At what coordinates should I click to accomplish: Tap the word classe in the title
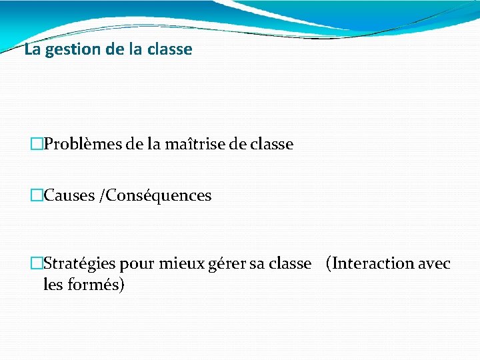point(169,49)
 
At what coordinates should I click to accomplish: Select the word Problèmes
point(81,144)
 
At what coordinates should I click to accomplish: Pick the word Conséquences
point(159,196)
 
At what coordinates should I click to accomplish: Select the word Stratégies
point(79,264)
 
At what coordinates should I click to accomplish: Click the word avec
point(434,264)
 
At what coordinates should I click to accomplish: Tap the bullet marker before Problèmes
point(37,144)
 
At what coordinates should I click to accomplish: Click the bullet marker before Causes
point(37,196)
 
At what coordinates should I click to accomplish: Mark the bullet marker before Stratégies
point(37,264)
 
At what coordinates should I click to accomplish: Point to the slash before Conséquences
point(101,196)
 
